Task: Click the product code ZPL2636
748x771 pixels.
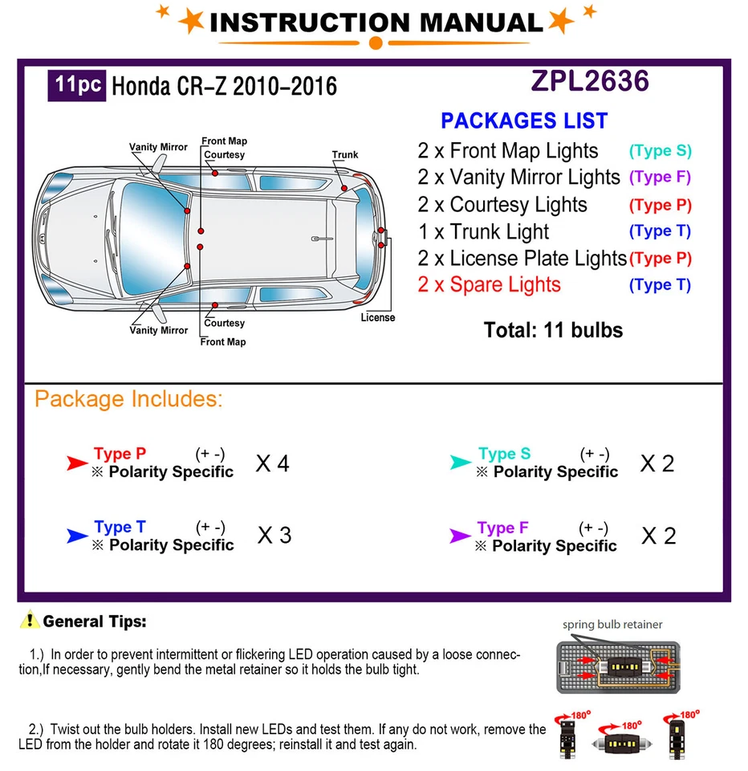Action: [589, 81]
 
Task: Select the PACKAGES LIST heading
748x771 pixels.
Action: [524, 121]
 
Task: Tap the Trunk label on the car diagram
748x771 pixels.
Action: [345, 155]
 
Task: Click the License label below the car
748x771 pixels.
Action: [377, 317]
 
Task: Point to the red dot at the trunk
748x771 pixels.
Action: [344, 188]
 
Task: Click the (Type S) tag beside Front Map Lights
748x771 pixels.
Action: [660, 151]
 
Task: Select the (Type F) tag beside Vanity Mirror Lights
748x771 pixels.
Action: [660, 177]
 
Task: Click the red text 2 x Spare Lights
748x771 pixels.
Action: [489, 285]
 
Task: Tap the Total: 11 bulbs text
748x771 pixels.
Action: [553, 330]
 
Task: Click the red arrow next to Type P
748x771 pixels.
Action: [77, 463]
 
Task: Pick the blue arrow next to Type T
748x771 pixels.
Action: [77, 536]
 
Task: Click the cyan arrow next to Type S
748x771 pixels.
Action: [461, 463]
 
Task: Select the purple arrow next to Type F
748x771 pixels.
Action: [460, 536]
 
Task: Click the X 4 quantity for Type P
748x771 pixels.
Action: [272, 463]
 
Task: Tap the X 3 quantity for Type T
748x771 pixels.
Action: [274, 536]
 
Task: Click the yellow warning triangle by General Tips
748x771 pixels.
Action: [30, 620]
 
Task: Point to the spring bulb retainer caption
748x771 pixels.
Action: [612, 624]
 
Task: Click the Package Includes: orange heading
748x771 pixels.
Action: [128, 399]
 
